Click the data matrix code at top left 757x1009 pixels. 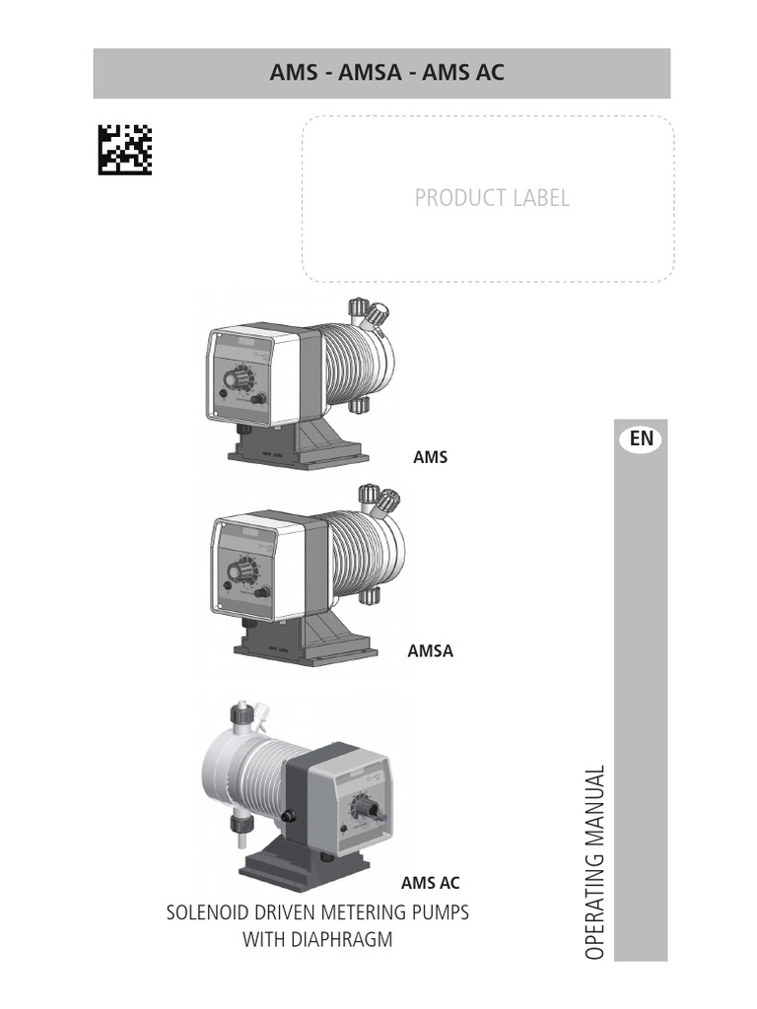point(125,149)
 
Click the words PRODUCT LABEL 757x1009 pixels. point(492,197)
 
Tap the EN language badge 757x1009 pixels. point(642,437)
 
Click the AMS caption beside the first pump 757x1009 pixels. point(430,457)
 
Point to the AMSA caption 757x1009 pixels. point(431,650)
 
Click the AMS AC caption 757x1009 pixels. point(430,883)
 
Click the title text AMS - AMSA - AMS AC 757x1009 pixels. point(386,73)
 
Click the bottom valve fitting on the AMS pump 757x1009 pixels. point(359,405)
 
